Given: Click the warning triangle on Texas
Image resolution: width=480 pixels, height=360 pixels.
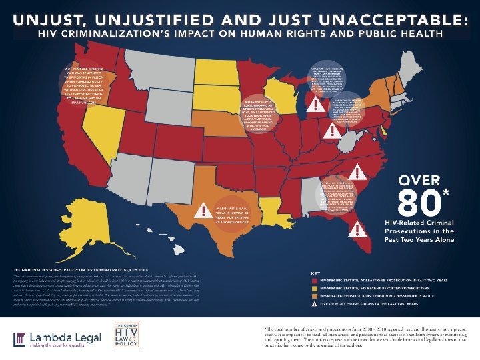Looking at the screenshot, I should (x=199, y=212).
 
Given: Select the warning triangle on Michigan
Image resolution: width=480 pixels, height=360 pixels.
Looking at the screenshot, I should (x=311, y=102).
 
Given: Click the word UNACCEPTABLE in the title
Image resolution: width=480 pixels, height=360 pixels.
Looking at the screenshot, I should (x=397, y=18).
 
